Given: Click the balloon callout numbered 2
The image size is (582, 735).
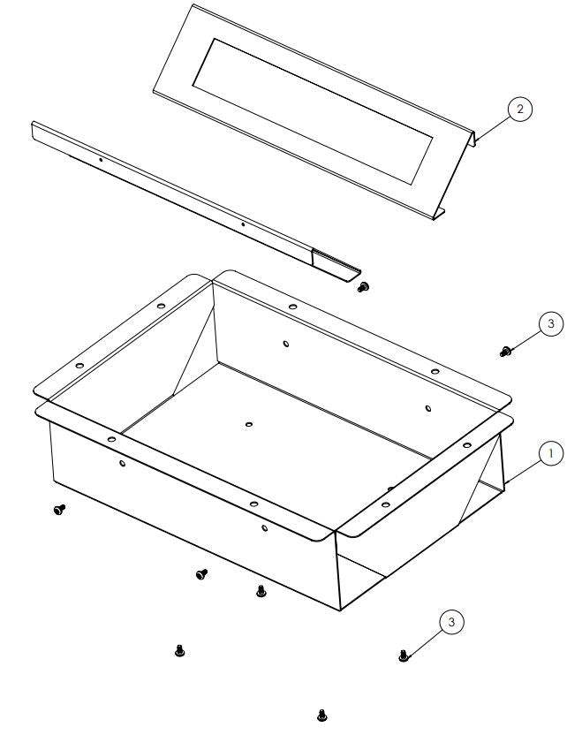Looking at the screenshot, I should tap(520, 109).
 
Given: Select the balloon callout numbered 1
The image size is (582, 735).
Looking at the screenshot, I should tap(551, 453).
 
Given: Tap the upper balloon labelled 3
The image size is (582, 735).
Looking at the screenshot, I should tap(551, 324).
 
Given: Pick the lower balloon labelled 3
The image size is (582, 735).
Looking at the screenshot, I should tap(451, 623).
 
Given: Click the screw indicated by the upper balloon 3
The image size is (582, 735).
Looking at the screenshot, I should tap(505, 352).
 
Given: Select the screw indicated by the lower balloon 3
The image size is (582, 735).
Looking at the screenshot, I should tap(404, 655).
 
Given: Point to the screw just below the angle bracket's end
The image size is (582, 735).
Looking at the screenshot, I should tap(363, 286).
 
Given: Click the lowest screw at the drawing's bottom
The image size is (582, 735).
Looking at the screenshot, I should tap(321, 712).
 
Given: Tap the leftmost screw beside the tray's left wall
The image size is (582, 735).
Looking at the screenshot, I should tap(59, 510).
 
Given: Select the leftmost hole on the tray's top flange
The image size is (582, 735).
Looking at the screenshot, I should tap(79, 365).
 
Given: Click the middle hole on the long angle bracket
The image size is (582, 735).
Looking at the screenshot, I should tap(244, 224).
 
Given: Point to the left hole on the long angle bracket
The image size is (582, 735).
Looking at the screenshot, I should tap(101, 160).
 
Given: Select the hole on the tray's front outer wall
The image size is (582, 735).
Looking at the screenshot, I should tap(264, 529).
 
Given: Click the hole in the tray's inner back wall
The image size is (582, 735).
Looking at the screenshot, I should tap(284, 343).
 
